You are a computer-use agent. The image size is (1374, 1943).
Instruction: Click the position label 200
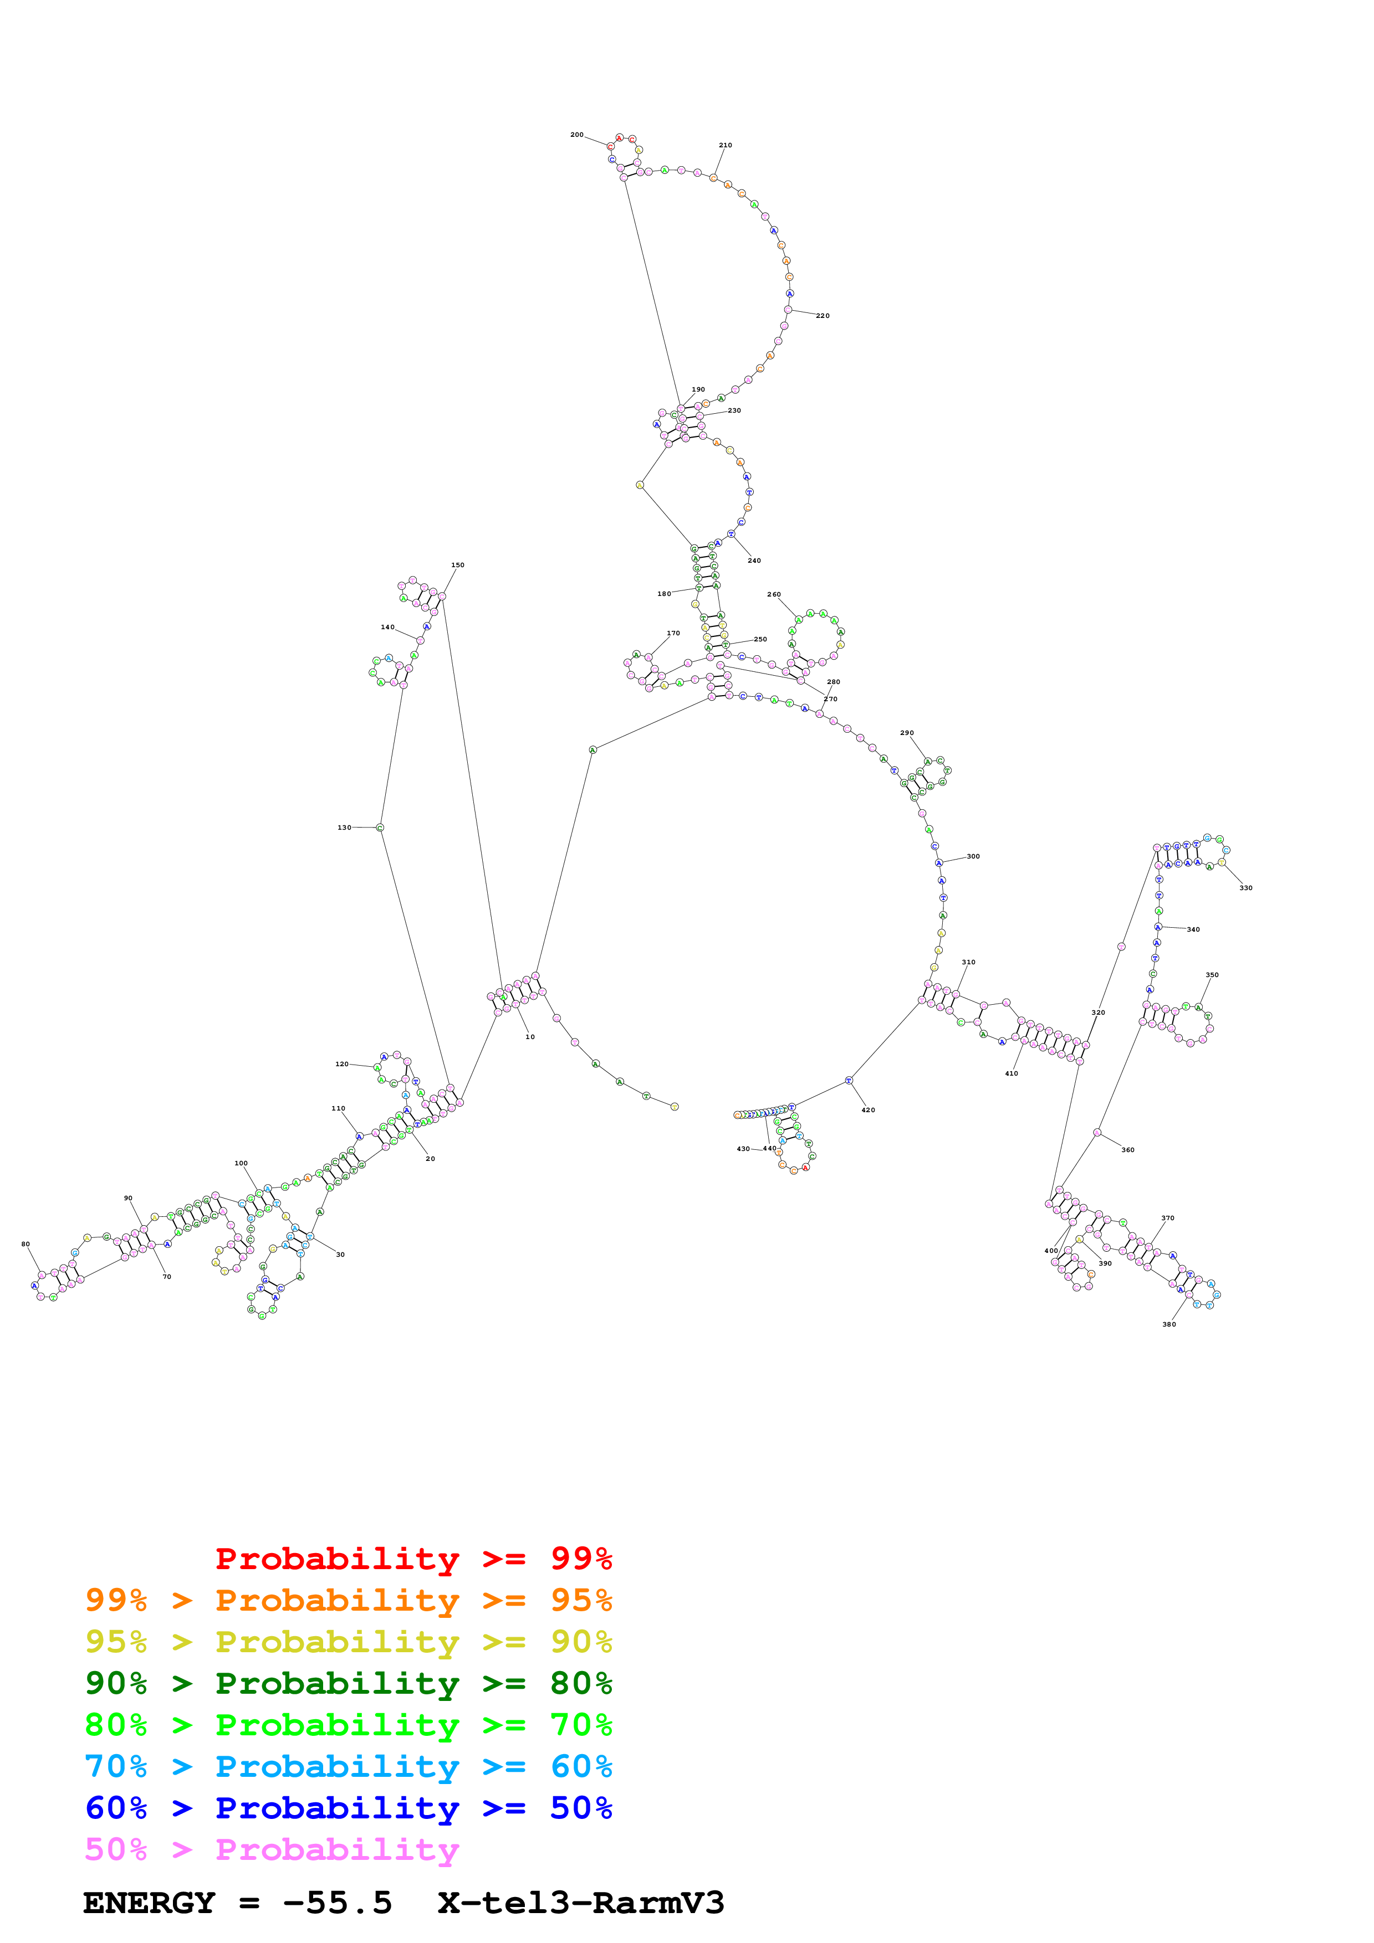576,135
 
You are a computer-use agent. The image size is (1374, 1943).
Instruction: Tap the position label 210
726,145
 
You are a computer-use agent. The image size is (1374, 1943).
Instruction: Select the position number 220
823,316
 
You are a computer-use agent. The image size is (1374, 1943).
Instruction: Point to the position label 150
457,564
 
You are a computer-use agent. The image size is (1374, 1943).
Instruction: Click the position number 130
345,827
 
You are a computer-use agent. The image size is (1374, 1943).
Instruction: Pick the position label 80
25,1244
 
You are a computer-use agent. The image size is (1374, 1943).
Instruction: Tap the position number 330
1246,888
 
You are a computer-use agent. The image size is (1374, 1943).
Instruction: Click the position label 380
1169,1324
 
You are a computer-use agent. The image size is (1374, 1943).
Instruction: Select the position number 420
869,1109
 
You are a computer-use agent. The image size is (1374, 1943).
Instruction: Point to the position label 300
974,856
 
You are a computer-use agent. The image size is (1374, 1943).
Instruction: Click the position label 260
774,594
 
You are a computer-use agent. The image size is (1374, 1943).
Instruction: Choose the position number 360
1128,1150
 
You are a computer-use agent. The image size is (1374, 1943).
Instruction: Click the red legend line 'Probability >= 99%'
413,1558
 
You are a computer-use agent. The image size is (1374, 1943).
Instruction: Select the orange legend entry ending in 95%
348,1600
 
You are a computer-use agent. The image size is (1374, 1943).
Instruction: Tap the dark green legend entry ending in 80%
348,1683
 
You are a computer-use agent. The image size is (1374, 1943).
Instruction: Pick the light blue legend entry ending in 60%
348,1766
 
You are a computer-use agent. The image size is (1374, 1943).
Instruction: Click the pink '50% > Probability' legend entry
272,1849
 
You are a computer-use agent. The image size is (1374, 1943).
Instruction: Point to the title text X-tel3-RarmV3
581,1903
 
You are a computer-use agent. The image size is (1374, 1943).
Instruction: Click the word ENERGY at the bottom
149,1903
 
